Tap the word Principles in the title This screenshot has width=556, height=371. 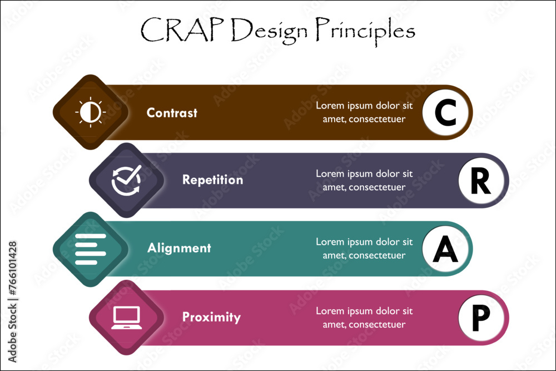click(365, 31)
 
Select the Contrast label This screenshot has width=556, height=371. click(172, 113)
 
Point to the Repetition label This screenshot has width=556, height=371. click(212, 180)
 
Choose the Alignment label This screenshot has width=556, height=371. click(179, 248)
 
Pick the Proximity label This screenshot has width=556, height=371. click(211, 317)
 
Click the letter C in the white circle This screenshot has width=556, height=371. click(445, 113)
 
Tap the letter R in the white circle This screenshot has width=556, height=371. click(481, 181)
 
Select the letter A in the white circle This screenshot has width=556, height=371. click(445, 250)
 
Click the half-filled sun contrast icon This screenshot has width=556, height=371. click(90, 112)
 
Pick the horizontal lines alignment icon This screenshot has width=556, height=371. click(90, 249)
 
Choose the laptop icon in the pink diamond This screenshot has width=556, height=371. click(126, 318)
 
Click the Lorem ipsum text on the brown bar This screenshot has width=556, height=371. click(364, 112)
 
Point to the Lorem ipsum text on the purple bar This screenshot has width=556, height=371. click(364, 180)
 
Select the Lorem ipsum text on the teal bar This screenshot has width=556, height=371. click(364, 249)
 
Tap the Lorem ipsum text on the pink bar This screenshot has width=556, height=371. click(364, 318)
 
